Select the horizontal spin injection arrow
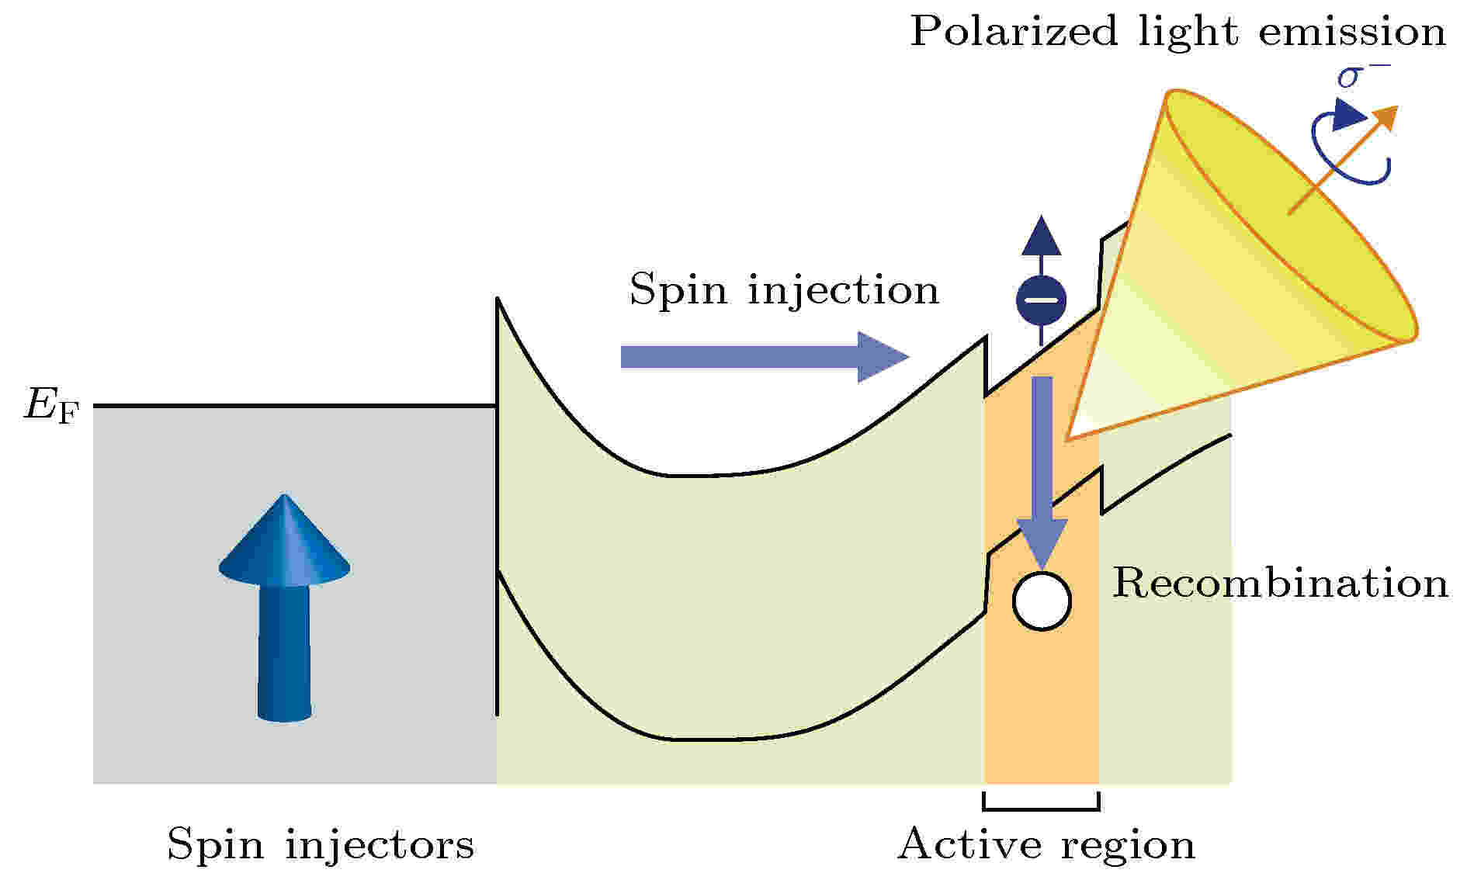[765, 357]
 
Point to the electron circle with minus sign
[1042, 299]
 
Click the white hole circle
[1042, 601]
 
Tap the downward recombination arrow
[1042, 473]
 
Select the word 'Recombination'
[1281, 583]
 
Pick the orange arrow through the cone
[1343, 159]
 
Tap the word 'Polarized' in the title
[1014, 33]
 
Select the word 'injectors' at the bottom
[380, 844]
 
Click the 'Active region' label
[1046, 845]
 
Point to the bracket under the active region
[1042, 808]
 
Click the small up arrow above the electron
[1042, 244]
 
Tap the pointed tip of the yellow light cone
[1068, 440]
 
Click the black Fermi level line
[295, 406]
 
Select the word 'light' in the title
[1189, 33]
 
